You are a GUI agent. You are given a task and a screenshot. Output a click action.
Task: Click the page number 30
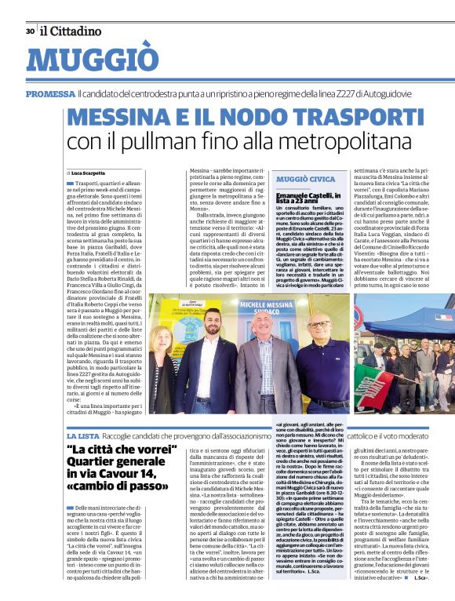(29, 31)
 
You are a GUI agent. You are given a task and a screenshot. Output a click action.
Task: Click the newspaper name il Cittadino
(71, 31)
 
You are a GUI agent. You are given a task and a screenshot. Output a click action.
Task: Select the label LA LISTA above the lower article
(82, 434)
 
